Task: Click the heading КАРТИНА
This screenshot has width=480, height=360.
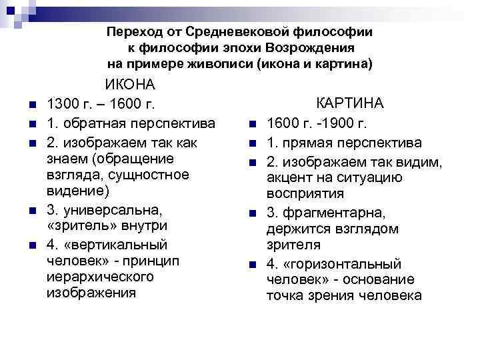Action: (349, 104)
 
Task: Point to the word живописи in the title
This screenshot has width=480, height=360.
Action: (223, 65)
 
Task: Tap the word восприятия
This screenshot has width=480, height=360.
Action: (305, 193)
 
